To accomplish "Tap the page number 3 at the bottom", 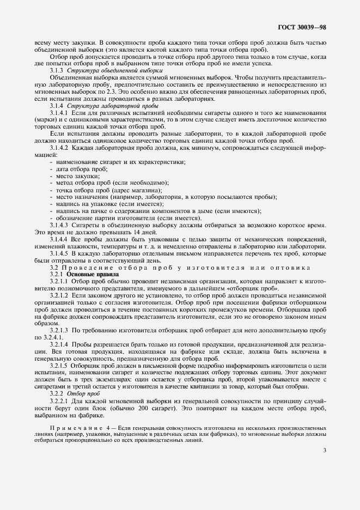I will pyautogui.click(x=325, y=450).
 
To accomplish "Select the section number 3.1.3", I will pyautogui.click(x=58, y=71).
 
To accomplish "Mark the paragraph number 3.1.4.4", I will pyautogui.click(x=60, y=239).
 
